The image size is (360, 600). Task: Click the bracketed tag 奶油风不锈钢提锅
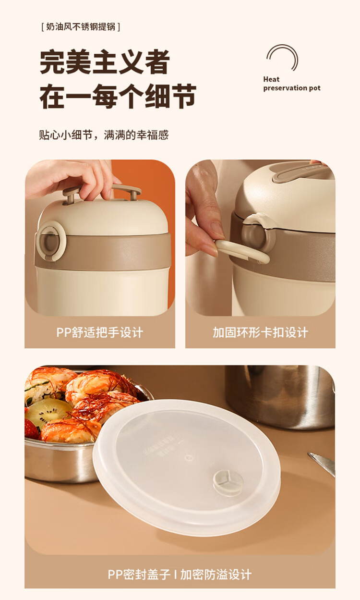81,27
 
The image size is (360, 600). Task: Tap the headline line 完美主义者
105,61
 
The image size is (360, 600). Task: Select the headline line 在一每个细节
118,96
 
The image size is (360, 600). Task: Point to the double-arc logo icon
283,57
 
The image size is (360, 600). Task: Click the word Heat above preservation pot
271,79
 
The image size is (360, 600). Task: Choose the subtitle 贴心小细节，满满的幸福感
104,135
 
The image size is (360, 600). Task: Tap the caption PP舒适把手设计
99,333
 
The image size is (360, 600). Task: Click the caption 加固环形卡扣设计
260,333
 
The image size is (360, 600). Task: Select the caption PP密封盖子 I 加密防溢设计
180,574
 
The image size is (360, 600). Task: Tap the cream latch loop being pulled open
242,251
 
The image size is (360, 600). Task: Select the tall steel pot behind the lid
280,397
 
